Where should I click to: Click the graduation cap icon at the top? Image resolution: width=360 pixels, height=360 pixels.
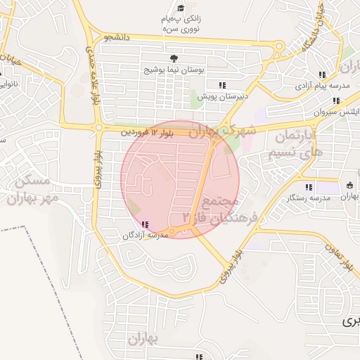click(x=182, y=8)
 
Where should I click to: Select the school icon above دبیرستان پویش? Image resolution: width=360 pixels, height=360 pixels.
click(x=222, y=85)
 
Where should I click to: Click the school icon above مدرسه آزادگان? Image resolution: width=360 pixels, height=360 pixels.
click(x=145, y=224)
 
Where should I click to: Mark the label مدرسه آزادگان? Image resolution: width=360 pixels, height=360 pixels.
click(x=146, y=235)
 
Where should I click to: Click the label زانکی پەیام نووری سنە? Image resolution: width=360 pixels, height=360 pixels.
click(x=182, y=25)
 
